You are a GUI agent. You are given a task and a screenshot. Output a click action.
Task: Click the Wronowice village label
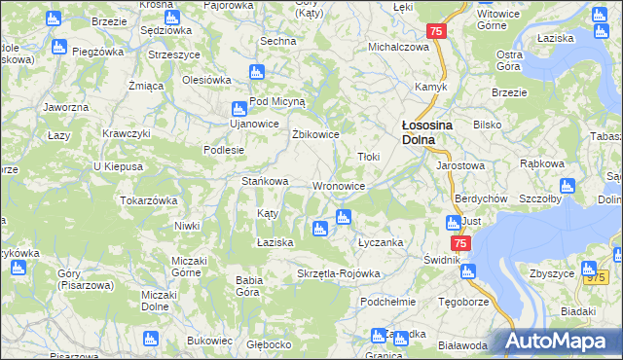tap(339, 186)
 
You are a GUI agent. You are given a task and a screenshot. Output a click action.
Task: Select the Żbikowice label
tap(315, 134)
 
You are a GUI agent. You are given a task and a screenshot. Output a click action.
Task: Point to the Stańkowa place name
tap(265, 181)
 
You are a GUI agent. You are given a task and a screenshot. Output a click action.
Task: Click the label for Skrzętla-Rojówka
tap(338, 273)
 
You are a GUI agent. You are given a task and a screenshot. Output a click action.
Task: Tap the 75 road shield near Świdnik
tap(460, 243)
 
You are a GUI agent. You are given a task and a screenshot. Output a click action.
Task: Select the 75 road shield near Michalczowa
tap(437, 32)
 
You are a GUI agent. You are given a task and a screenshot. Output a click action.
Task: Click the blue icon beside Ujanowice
tap(240, 109)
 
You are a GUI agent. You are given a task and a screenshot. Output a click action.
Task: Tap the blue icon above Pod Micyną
tap(257, 71)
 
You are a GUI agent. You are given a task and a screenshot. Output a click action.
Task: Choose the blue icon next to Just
tap(451, 221)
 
